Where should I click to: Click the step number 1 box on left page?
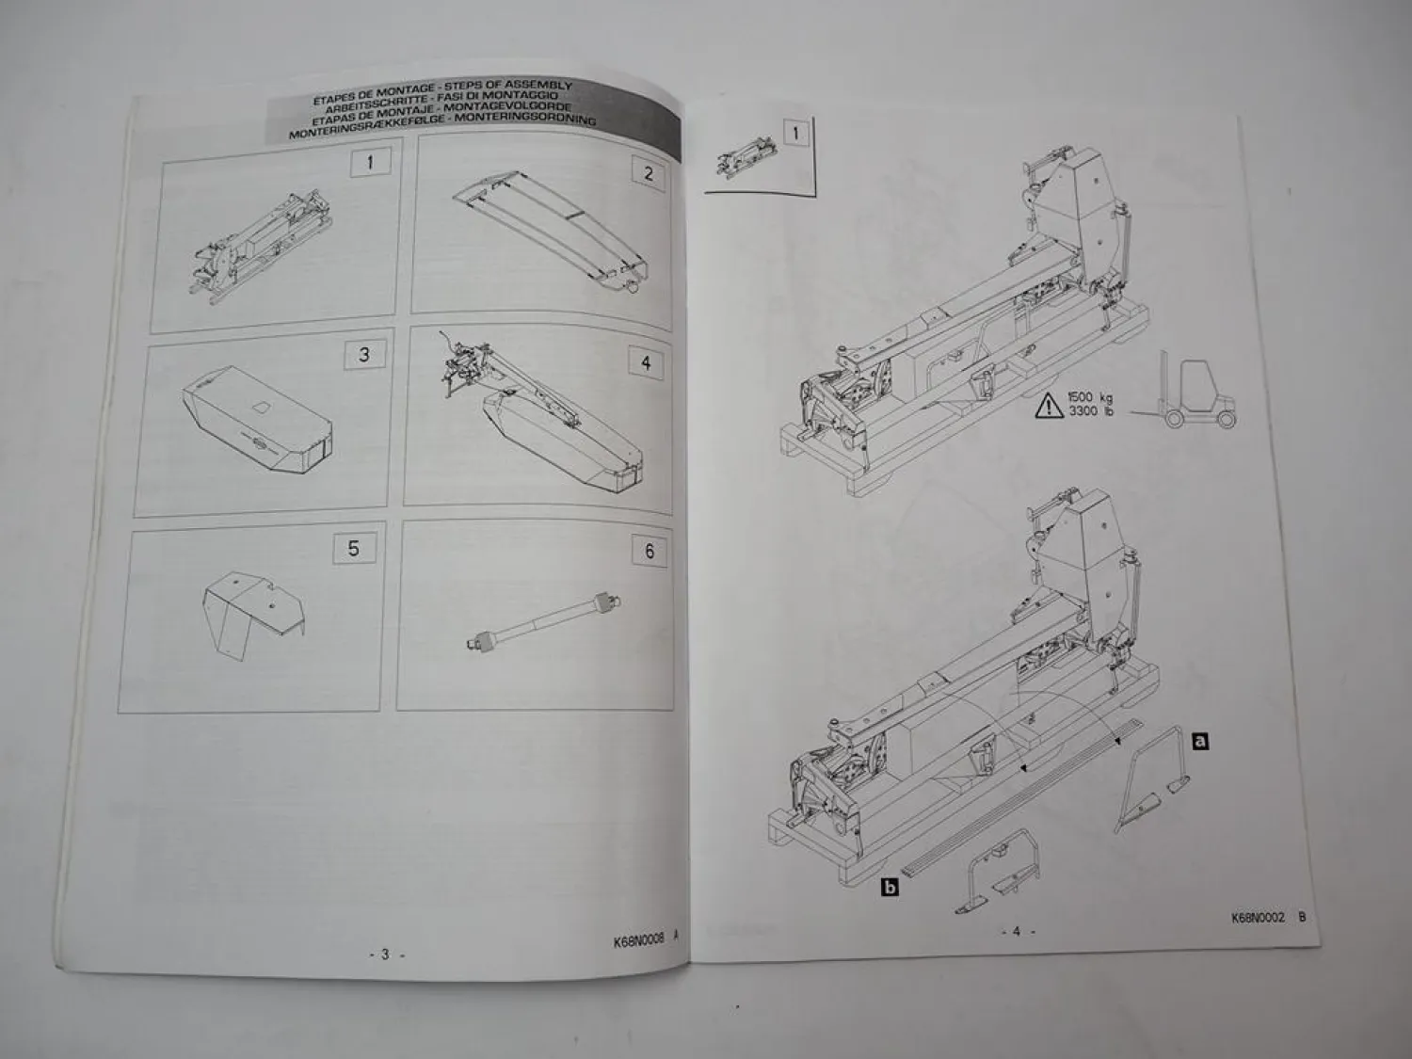(370, 162)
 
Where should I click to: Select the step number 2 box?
(648, 172)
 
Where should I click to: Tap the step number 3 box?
(364, 355)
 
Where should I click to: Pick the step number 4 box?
(645, 362)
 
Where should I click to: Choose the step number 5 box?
(353, 548)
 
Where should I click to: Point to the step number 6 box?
(649, 552)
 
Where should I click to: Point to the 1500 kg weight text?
(1089, 398)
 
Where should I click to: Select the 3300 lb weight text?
(1089, 413)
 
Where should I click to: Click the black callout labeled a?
(1199, 741)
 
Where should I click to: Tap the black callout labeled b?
(887, 886)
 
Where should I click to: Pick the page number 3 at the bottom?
(384, 954)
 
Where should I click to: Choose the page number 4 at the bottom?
(1016, 931)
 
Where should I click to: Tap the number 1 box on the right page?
(795, 133)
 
